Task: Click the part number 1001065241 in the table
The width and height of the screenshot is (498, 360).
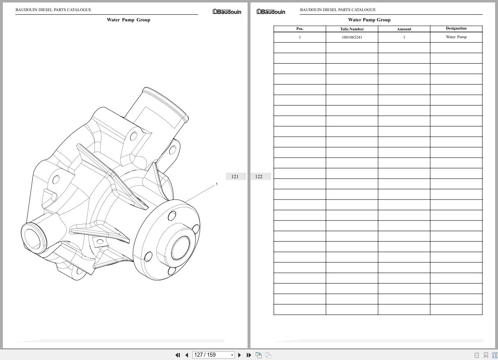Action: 352,37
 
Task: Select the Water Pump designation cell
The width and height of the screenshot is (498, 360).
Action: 456,37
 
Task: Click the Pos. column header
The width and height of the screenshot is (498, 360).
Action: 300,29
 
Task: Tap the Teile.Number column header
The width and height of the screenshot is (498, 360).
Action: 352,29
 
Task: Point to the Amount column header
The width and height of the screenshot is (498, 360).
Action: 404,29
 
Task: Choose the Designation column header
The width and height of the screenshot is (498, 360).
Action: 456,28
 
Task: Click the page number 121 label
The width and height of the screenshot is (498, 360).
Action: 235,177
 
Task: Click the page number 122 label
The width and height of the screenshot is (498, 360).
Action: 259,177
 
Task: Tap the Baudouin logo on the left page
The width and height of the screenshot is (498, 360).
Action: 227,12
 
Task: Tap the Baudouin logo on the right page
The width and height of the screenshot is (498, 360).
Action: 271,12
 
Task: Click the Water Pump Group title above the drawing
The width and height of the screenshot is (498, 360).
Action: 129,20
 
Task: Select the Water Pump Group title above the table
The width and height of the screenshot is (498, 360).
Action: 369,20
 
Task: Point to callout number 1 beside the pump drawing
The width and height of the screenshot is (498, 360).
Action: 217,184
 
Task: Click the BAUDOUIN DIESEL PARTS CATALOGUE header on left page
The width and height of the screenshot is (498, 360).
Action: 53,10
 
